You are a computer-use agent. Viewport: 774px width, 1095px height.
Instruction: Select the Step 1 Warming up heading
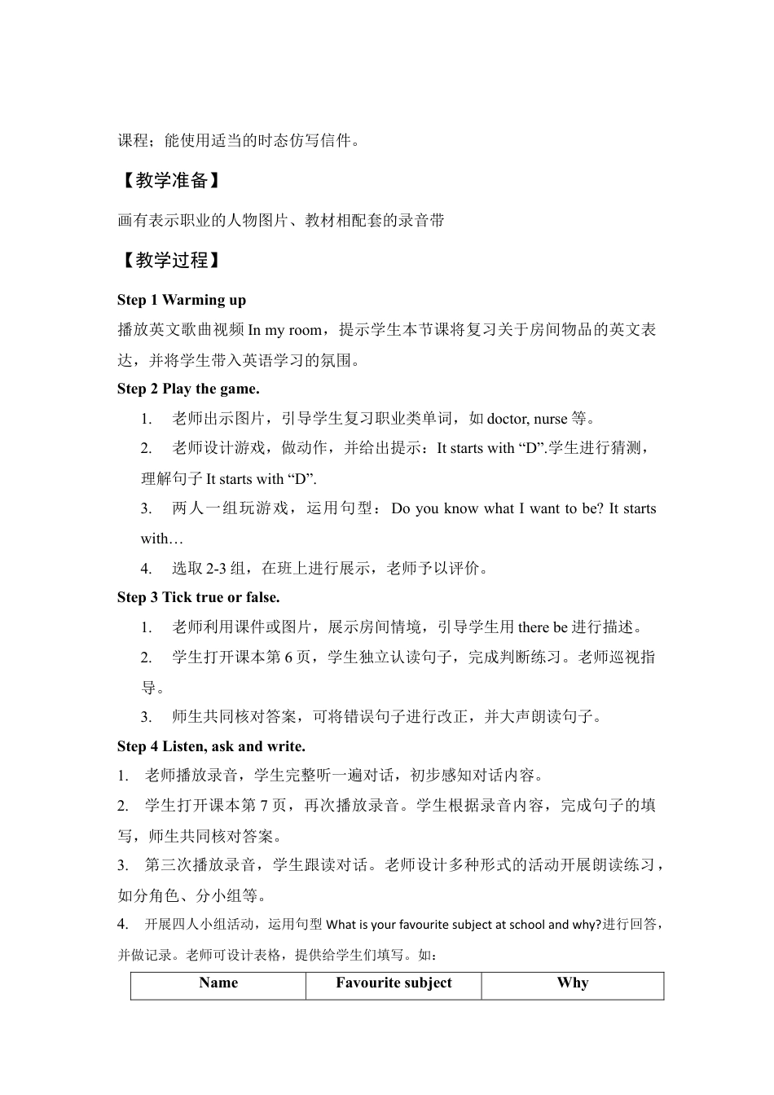point(182,300)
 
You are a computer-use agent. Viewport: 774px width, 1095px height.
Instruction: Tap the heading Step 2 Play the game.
point(188,389)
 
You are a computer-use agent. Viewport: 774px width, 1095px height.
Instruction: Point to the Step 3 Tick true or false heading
point(198,597)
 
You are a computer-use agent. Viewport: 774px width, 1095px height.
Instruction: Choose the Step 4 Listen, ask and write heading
point(211,745)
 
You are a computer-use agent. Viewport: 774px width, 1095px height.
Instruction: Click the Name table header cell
point(218,983)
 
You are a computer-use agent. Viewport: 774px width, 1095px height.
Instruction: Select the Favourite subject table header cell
point(394,983)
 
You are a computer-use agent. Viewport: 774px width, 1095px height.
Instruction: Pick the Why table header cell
point(572,983)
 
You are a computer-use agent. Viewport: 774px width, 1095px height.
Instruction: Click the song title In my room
point(284,330)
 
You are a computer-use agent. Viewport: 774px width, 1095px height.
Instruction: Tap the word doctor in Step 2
point(507,419)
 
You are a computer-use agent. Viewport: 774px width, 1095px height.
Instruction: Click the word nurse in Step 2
point(550,419)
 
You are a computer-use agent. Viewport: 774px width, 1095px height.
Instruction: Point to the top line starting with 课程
point(236,141)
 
